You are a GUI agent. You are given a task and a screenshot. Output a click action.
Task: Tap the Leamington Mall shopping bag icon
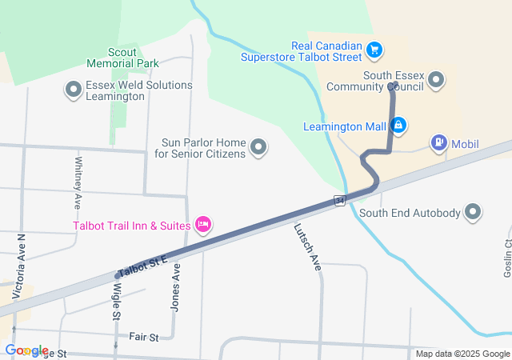tap(398, 125)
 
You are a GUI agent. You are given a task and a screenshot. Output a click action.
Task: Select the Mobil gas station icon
tap(439, 144)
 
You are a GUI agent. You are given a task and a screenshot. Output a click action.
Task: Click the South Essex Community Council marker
tap(436, 79)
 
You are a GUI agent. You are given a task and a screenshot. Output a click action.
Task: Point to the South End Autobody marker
tap(474, 212)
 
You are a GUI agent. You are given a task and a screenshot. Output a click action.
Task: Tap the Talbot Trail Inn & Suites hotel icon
tap(203, 225)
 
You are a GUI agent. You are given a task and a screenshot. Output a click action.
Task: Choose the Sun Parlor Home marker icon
tap(258, 146)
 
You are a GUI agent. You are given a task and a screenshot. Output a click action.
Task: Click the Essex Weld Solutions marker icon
tap(74, 90)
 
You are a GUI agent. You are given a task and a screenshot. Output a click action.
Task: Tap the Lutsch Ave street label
tap(307, 247)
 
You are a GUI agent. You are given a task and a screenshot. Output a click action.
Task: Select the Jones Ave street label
tap(176, 287)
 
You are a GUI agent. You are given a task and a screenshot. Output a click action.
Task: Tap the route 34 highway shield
tap(340, 200)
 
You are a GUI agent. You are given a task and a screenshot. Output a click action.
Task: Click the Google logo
tap(26, 350)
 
